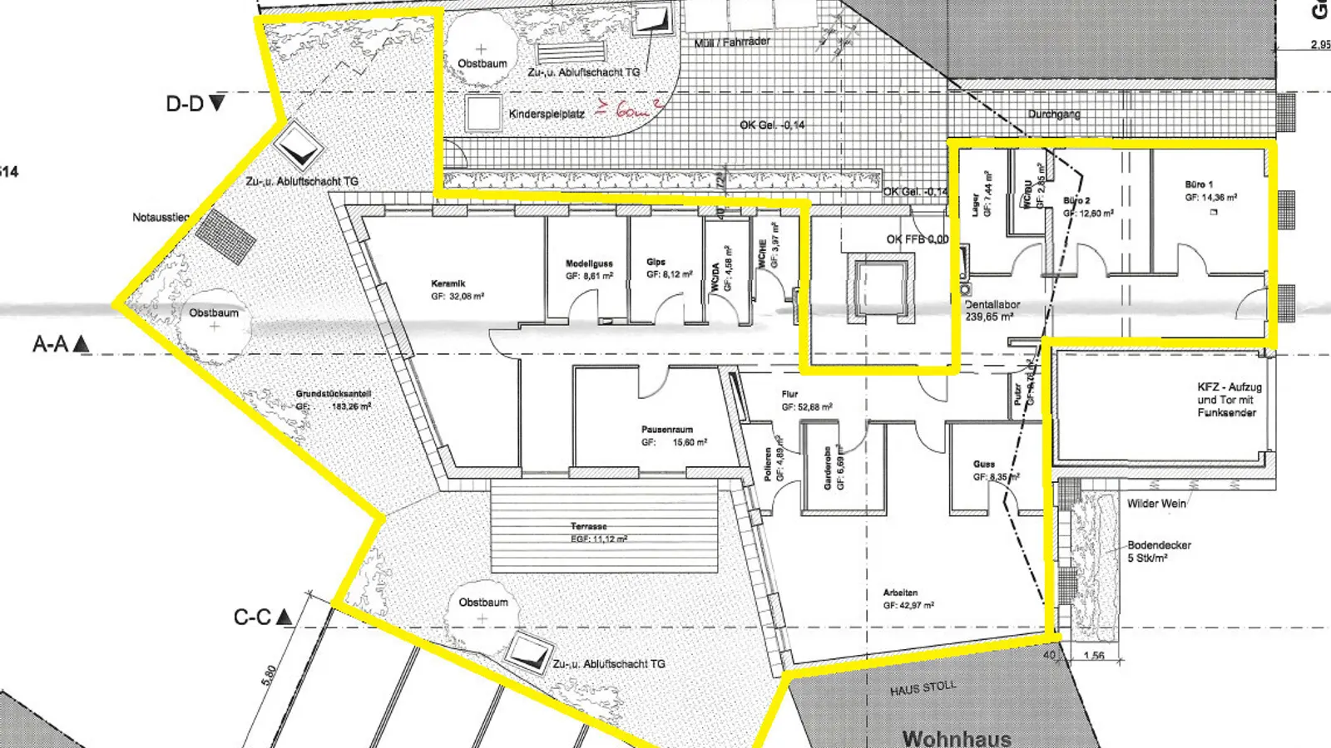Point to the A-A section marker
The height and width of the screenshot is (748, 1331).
pos(61,344)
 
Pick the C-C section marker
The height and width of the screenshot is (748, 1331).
pos(262,618)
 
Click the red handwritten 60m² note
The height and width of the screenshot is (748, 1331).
pos(628,108)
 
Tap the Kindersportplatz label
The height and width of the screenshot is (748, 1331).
pos(547,114)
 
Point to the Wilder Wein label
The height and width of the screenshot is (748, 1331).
pos(1155,504)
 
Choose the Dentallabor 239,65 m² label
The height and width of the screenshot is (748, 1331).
pos(992,310)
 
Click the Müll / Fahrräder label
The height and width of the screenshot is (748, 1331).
pos(732,42)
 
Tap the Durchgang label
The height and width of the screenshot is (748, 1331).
pos(1053,114)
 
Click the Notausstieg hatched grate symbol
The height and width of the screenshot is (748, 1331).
pos(225,235)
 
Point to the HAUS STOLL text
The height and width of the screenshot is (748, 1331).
pos(923,688)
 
